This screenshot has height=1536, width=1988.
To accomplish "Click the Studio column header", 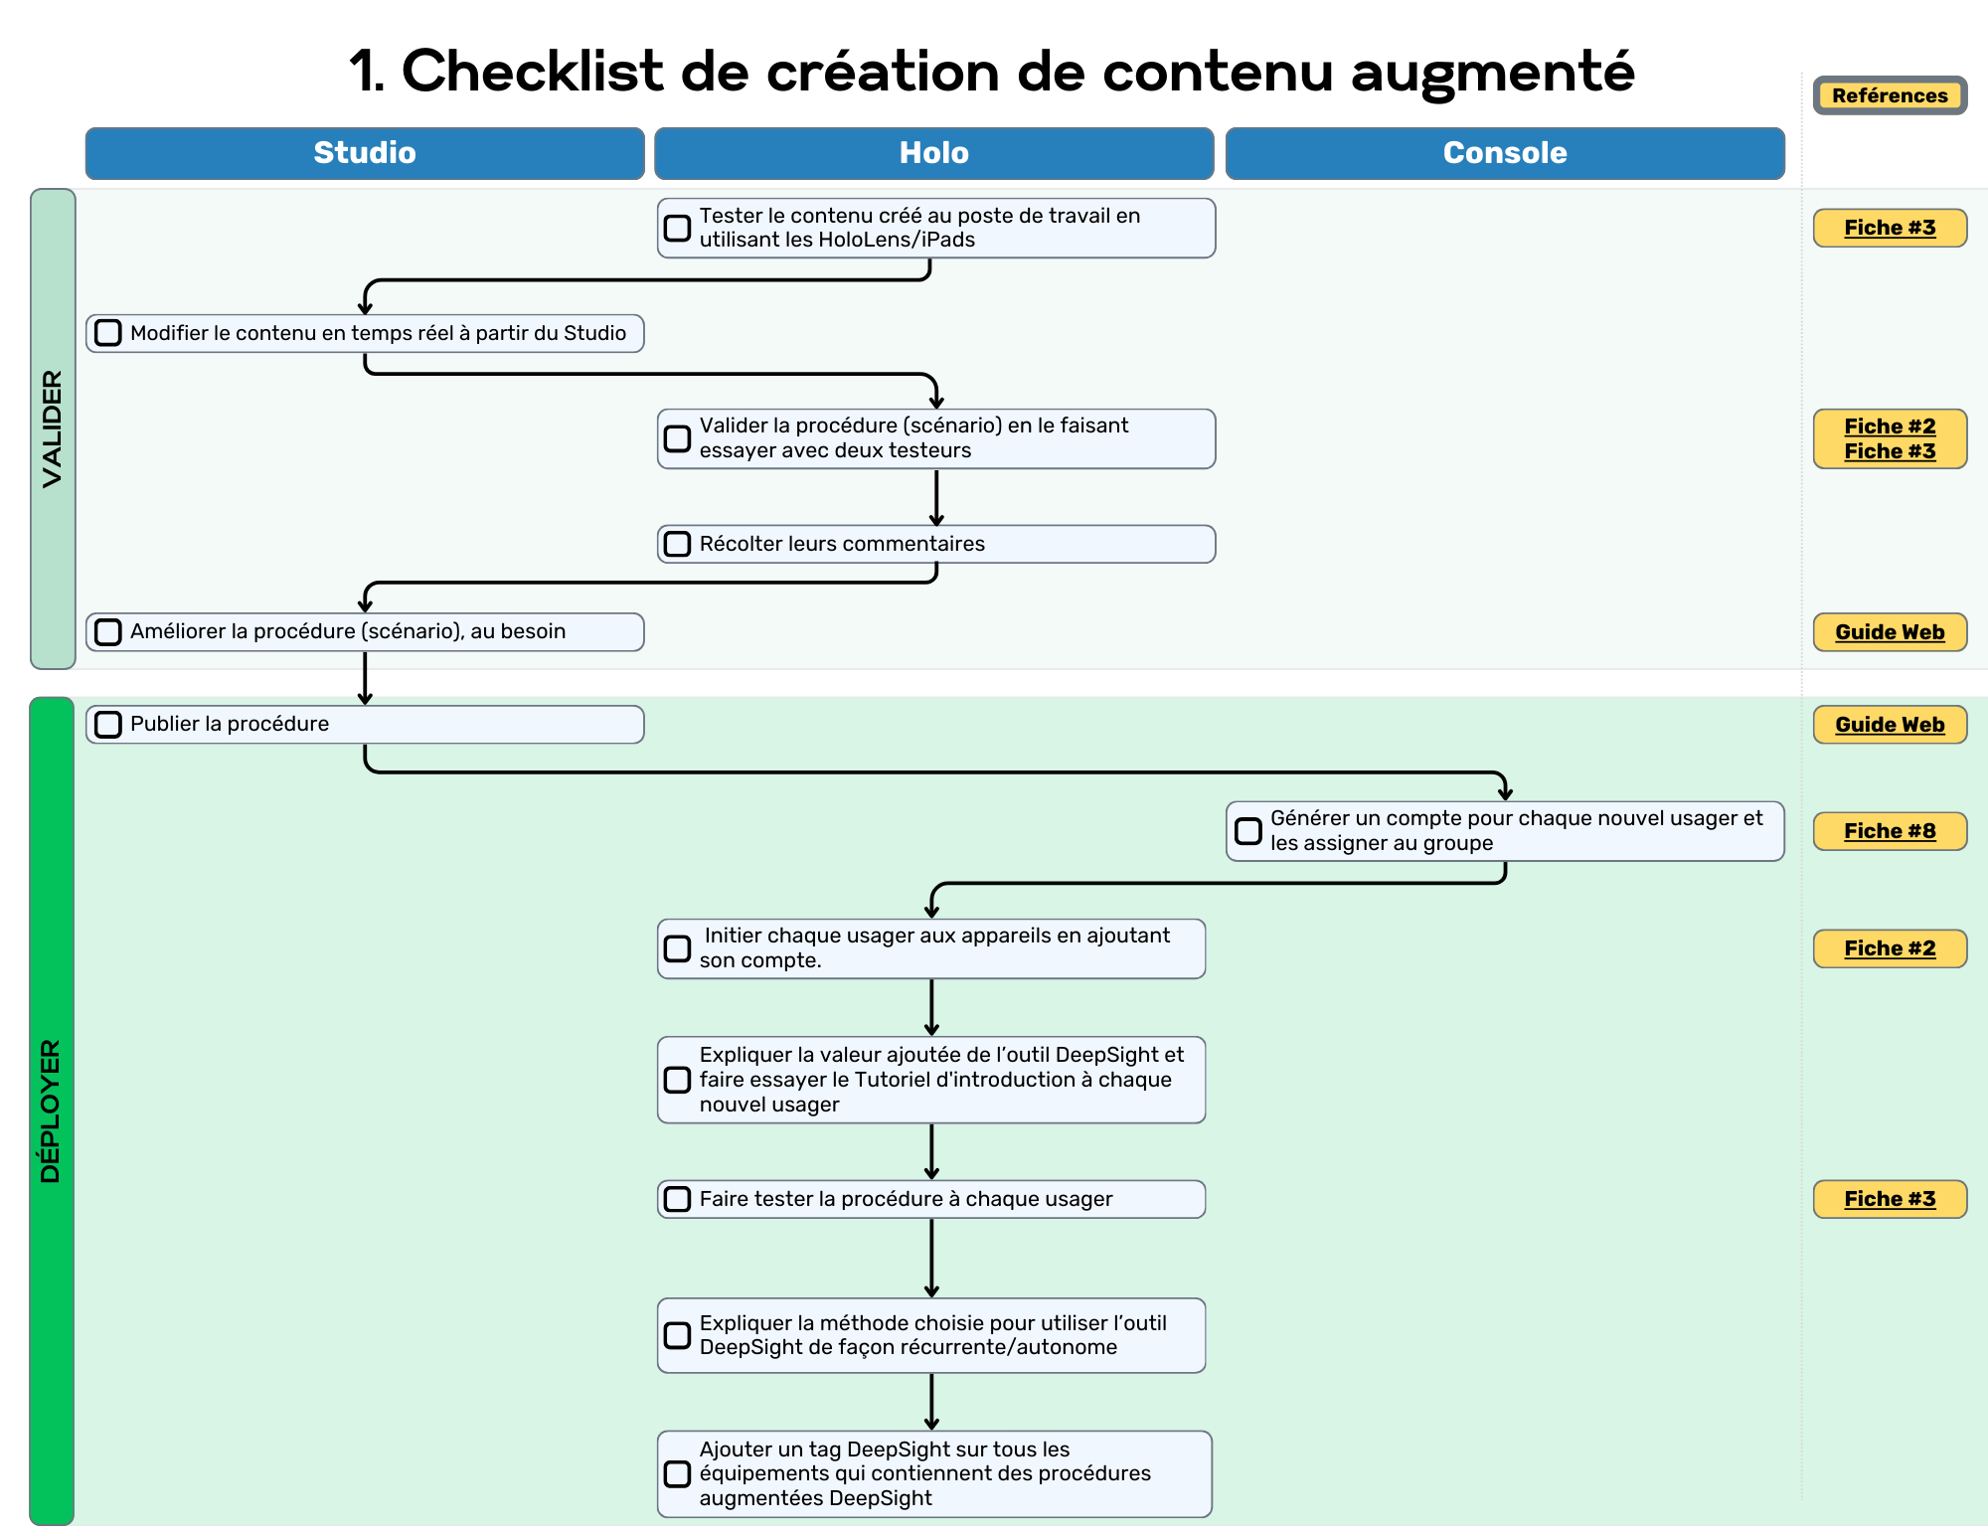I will coord(365,153).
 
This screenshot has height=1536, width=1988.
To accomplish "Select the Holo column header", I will coord(933,153).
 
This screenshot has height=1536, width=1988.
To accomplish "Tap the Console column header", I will coord(1504,153).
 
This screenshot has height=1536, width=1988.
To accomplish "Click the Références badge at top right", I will coord(1890,95).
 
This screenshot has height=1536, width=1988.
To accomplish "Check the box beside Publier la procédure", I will coord(108,725).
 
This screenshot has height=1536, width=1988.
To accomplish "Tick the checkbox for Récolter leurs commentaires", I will coord(677,544).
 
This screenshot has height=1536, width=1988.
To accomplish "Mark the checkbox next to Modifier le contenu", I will coord(108,333).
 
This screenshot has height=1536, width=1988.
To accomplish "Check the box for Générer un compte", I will coord(1247,831).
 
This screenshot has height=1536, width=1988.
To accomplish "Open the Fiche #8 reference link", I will coord(1890,831).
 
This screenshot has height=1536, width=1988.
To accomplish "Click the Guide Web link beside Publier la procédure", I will coord(1890,725).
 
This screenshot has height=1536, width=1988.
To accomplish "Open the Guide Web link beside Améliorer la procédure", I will coord(1890,632).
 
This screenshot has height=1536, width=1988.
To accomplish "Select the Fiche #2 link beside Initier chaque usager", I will coord(1890,948).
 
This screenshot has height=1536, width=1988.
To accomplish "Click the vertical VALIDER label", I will coord(53,428).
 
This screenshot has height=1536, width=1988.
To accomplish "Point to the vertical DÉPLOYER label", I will coord(51,1110).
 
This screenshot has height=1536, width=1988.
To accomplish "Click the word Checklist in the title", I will coord(532,72).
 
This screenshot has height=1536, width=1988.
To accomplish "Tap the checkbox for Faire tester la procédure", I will coord(677,1199).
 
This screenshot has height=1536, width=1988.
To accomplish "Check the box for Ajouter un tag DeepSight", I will coord(677,1473).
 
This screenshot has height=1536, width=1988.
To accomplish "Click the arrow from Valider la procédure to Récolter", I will coord(936,497).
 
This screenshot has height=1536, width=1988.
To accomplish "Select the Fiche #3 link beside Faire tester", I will coord(1890,1199).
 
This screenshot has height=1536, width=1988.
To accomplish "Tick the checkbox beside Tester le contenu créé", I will coord(677,228).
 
